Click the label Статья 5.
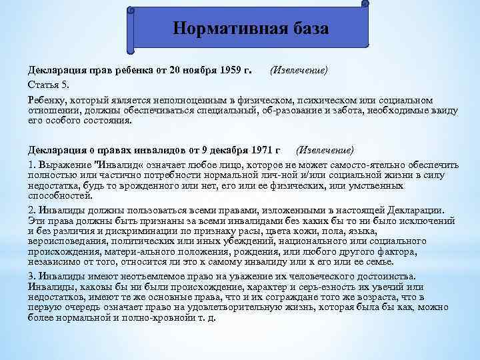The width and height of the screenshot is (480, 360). (x=46, y=85)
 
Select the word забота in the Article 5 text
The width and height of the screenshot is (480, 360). (x=347, y=111)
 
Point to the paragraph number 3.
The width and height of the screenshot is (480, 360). (x=31, y=277)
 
